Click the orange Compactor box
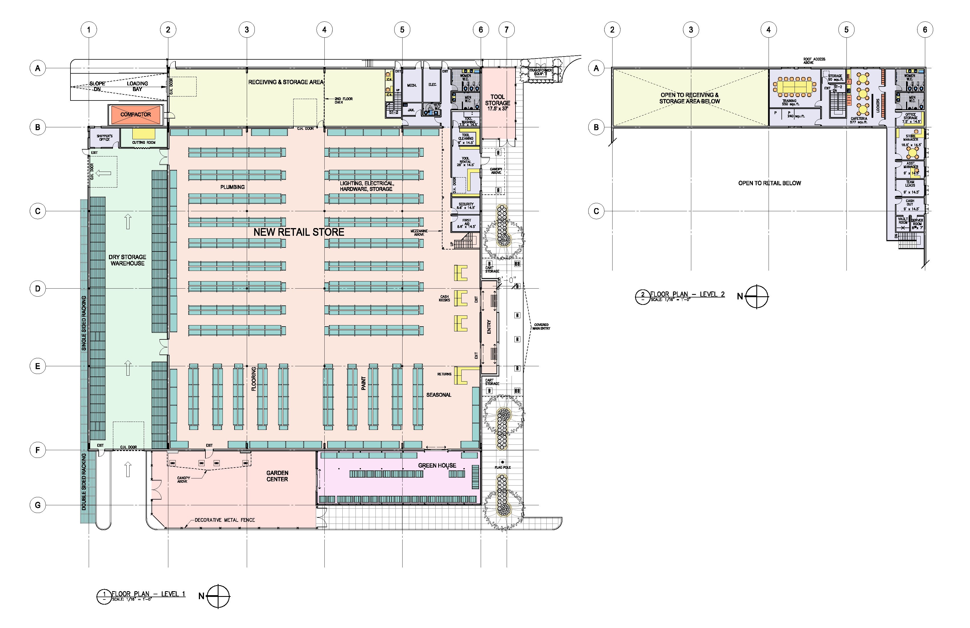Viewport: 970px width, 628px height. pos(136,114)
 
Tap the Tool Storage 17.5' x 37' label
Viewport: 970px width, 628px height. pos(497,103)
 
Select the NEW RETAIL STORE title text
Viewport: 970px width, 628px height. pos(299,232)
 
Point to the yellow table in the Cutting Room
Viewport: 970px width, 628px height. pos(144,134)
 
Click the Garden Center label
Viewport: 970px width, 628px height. pos(277,476)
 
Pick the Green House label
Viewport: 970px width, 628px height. pos(437,465)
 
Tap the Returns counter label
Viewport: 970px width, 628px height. pos(444,374)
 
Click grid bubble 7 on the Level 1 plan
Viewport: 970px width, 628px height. pos(507,29)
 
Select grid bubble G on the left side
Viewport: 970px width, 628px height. pos(37,505)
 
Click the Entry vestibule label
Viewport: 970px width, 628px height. pos(489,326)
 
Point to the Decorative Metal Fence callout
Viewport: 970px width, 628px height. pos(225,520)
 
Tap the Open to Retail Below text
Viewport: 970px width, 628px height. pos(769,183)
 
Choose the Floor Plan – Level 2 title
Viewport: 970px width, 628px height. pos(687,294)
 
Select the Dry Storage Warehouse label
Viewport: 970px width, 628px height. pos(127,260)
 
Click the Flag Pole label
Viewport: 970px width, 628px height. pos(502,467)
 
